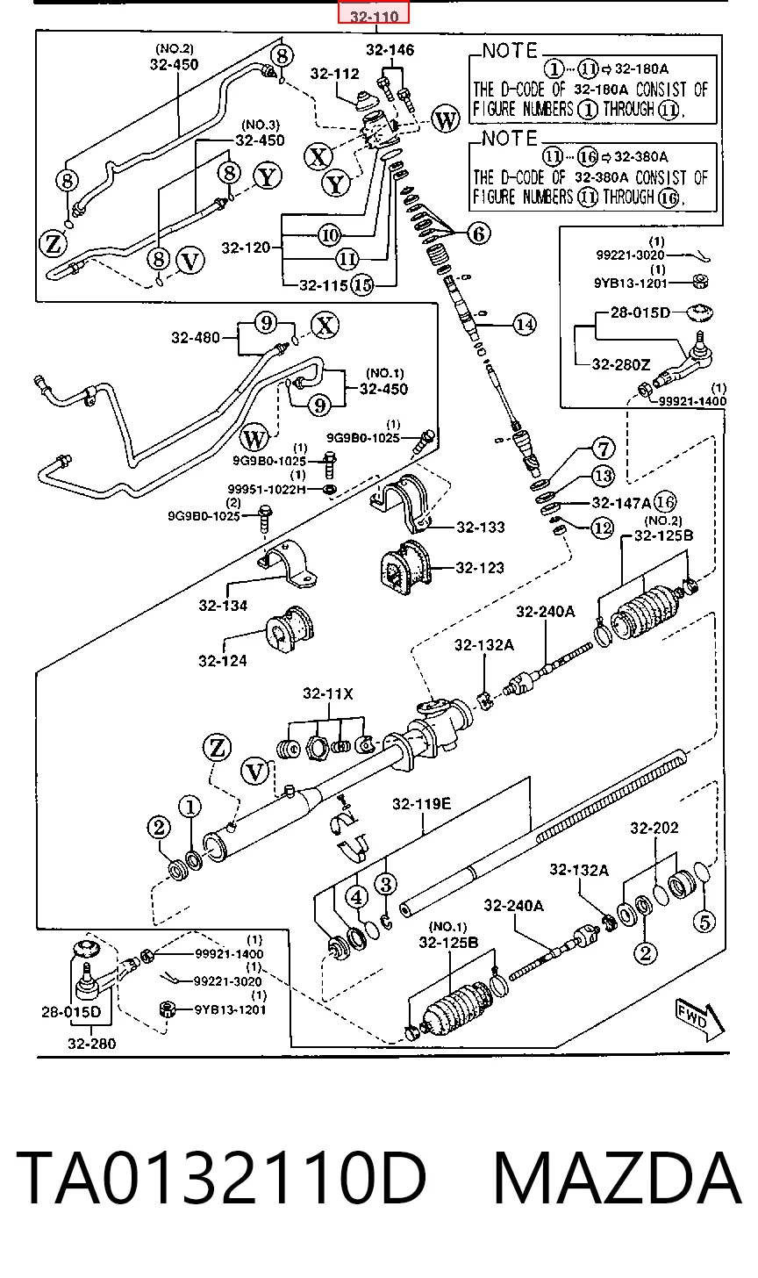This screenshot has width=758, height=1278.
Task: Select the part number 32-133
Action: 480,528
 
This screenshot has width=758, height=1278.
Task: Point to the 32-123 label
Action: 480,568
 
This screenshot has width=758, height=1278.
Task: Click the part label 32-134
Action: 223,606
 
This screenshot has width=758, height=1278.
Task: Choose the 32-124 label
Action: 223,661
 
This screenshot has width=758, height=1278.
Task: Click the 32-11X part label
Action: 328,693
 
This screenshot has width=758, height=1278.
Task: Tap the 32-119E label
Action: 421,804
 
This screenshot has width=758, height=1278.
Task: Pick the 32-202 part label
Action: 654,827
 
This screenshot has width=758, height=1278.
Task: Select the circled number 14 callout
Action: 524,325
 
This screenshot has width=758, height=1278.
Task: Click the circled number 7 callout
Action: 604,449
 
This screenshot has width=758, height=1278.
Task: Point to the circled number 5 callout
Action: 704,922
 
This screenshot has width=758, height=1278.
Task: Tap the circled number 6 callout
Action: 478,233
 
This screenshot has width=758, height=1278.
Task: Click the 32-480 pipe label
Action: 196,338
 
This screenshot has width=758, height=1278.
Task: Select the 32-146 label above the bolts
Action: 390,50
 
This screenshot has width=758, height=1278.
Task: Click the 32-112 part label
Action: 335,74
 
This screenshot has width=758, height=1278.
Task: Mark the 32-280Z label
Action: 621,364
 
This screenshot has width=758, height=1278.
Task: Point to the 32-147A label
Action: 621,503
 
